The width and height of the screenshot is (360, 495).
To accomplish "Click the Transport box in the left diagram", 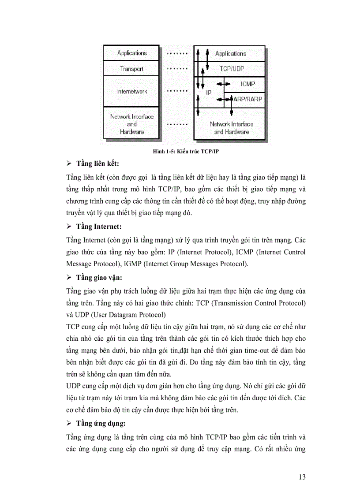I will (x=132, y=69).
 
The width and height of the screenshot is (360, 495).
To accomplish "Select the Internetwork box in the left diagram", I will (x=132, y=91).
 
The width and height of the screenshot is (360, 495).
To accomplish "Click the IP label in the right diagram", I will (x=209, y=93).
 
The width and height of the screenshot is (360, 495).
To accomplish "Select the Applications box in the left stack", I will (x=132, y=53).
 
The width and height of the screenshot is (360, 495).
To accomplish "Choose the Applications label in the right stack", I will (x=230, y=53).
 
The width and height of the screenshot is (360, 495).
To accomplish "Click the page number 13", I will (x=302, y=476).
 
